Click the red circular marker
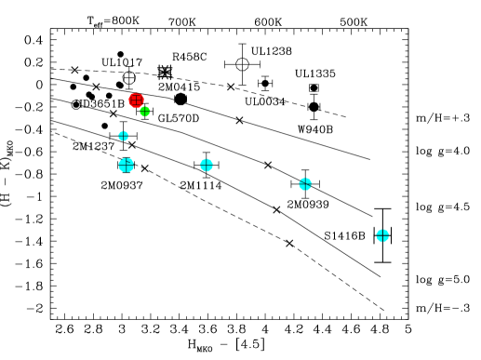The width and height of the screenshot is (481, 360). pos(136,100)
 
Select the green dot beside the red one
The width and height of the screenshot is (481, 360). pos(144,112)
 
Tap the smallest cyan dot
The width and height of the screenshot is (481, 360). pos(123,136)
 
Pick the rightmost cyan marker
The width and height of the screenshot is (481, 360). pos(382,235)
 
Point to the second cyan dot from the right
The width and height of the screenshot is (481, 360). pos(305,184)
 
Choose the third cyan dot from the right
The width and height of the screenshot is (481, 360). pos(207,165)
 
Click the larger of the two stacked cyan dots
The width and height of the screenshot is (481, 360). pos(126,165)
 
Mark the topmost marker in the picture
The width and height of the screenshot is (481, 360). pos(136,100)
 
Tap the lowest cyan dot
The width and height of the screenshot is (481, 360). pos(382,235)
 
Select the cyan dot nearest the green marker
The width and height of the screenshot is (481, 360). pos(123,136)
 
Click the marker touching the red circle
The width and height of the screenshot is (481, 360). pos(144,112)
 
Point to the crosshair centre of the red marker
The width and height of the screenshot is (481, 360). pos(136,100)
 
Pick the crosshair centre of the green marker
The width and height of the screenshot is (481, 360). pos(144,112)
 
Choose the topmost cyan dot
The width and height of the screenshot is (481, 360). pos(123,136)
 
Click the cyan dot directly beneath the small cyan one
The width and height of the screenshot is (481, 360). pos(126,165)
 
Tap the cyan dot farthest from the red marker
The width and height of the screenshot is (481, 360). pos(382,235)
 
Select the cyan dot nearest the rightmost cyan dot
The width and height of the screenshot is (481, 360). pos(305,184)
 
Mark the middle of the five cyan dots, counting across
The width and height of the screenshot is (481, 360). pos(207,165)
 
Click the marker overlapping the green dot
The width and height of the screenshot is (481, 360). pos(136,100)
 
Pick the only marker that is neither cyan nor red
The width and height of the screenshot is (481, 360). pos(144,112)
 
